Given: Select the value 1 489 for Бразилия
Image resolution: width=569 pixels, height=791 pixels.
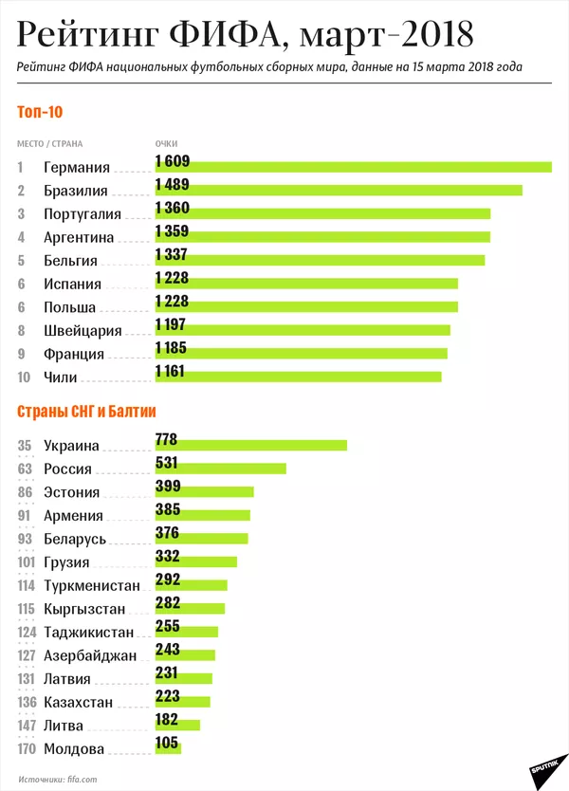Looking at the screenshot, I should click(171, 185).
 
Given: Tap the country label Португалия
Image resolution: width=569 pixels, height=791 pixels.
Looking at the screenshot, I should click(83, 213).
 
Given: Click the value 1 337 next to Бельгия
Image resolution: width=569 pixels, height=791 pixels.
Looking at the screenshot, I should click(171, 254).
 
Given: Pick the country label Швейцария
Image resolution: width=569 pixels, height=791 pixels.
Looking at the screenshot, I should click(83, 330).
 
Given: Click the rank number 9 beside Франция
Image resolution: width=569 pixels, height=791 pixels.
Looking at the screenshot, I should click(21, 354).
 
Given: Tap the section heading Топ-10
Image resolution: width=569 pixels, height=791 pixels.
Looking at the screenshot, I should click(40, 112).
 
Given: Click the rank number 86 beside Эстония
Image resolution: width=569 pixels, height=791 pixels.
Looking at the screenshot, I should click(25, 492).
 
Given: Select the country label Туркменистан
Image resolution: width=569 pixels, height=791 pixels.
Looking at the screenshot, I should click(91, 585).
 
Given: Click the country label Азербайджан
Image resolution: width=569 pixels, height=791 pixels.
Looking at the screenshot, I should click(89, 655).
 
